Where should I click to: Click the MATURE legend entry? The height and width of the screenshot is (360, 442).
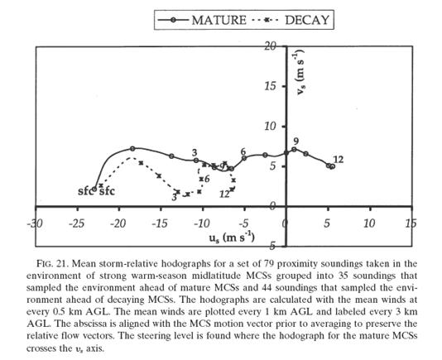coord(202,20)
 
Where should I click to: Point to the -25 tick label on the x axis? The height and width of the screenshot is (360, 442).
coord(76,223)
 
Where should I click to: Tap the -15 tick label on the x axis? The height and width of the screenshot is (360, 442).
coord(160,223)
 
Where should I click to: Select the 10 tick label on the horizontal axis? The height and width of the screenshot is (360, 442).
coord(369,223)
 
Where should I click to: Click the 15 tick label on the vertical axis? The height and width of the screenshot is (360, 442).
coord(270,86)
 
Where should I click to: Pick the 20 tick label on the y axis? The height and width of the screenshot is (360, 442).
coord(270,46)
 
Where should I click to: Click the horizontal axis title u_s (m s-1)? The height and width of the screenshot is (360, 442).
coord(232,238)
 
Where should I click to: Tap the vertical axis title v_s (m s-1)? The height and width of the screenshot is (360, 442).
coord(300,72)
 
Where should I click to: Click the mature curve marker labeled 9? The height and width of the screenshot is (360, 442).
coord(294,149)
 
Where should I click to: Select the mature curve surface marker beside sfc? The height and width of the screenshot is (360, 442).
coord(94,190)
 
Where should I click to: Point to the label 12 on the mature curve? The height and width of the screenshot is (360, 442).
coord(339,160)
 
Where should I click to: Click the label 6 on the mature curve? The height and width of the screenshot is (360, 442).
coord(243,151)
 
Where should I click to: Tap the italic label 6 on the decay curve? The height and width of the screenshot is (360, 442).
coord(207,179)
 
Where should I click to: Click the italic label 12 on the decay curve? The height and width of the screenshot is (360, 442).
coord(224,194)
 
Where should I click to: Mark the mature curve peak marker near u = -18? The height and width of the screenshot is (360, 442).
coord(132,149)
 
